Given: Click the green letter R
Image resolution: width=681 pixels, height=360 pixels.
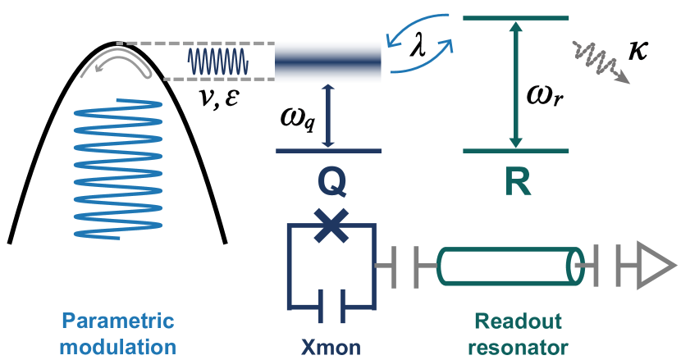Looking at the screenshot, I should coord(517,183).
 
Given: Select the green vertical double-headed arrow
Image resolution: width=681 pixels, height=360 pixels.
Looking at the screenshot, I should coord(515,84).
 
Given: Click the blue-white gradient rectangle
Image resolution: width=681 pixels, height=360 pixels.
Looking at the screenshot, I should coord(328,62).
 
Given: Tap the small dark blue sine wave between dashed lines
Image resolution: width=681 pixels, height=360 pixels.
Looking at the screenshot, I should coord(217,62).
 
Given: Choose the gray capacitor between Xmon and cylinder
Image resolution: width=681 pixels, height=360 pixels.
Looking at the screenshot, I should coord(406,265).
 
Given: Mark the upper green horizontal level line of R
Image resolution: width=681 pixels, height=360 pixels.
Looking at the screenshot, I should coord(515,17).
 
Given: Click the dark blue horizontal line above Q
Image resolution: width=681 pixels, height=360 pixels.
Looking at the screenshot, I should coord(328,151).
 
